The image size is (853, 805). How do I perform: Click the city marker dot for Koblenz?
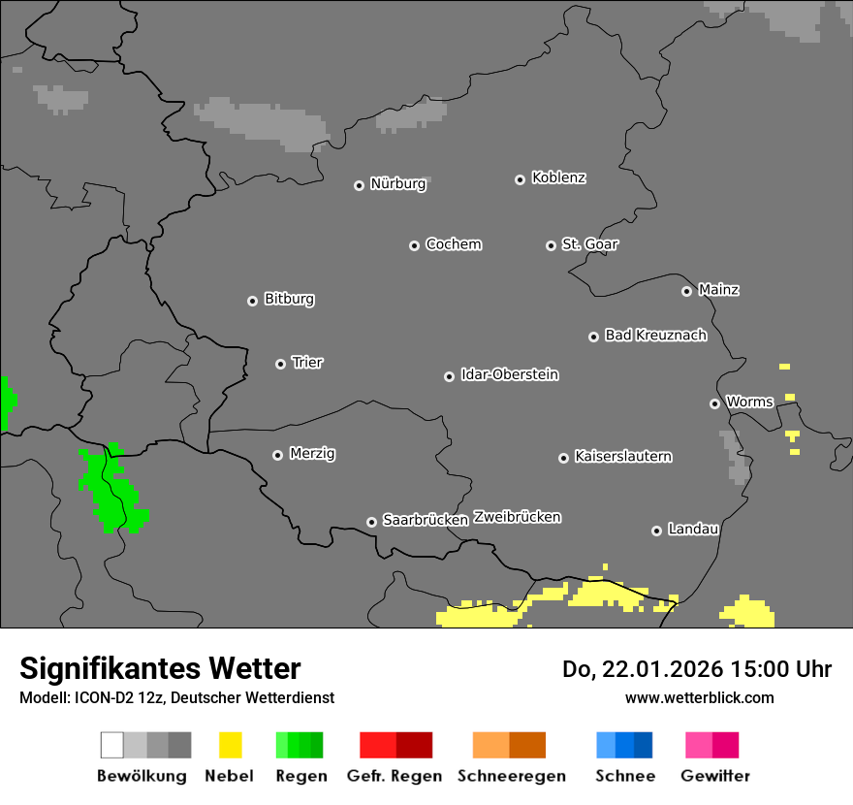pyautogui.click(x=521, y=179)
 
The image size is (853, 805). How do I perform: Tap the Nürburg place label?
pyautogui.click(x=398, y=183)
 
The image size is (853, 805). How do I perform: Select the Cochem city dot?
pyautogui.click(x=414, y=245)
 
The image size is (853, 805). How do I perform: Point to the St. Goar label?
pyautogui.click(x=590, y=244)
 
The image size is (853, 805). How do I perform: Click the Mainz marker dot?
pyautogui.click(x=687, y=291)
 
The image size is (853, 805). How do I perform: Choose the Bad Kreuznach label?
pyautogui.click(x=655, y=336)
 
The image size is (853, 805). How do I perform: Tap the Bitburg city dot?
pyautogui.click(x=253, y=301)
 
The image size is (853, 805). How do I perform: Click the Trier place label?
pyautogui.click(x=307, y=363)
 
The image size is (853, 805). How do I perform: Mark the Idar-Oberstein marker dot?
pyautogui.click(x=450, y=376)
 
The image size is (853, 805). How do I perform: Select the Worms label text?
pyautogui.click(x=749, y=402)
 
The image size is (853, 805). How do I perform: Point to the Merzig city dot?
pyautogui.click(x=278, y=455)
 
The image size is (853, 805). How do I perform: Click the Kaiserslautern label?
pyautogui.click(x=623, y=456)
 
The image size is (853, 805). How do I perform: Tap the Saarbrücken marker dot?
pyautogui.click(x=371, y=522)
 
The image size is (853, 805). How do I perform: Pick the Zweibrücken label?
pyautogui.click(x=517, y=517)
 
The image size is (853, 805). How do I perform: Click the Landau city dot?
pyautogui.click(x=657, y=531)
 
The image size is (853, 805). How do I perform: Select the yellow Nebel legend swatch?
pyautogui.click(x=230, y=745)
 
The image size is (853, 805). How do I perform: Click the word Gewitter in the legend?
pyautogui.click(x=715, y=776)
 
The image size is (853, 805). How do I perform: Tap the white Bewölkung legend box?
pyautogui.click(x=112, y=745)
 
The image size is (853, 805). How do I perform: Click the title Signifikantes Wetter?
pyautogui.click(x=160, y=668)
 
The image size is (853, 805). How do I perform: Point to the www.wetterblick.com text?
pyautogui.click(x=699, y=697)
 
